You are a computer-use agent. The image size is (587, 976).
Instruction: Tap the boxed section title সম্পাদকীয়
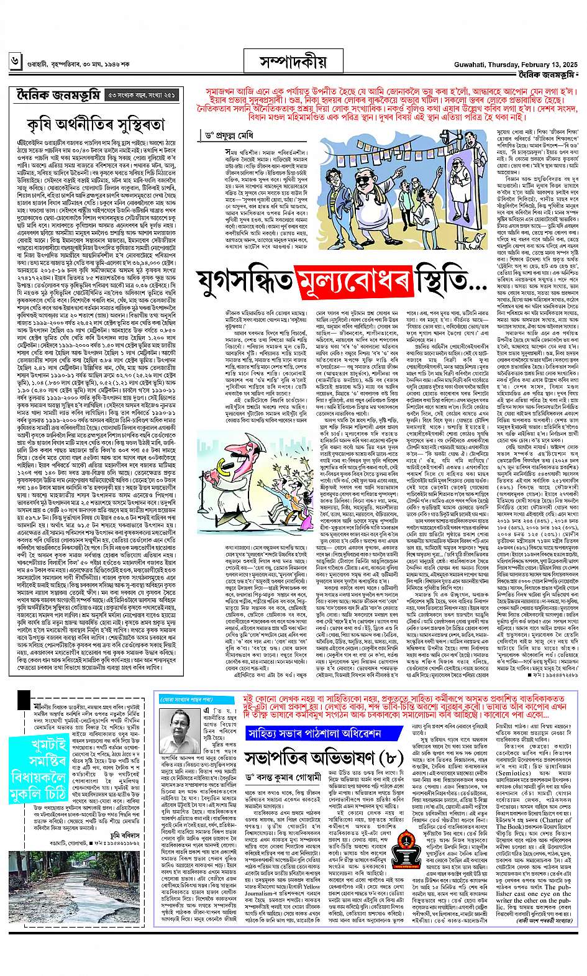click(293, 61)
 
